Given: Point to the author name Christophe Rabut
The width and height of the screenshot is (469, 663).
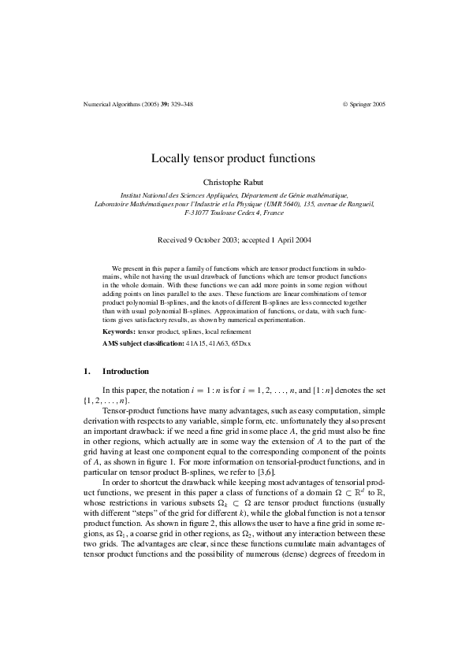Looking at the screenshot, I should [233, 181].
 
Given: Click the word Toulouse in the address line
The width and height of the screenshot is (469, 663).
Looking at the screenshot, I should [224, 213].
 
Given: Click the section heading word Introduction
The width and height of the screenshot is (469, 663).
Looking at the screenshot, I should [125, 371].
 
